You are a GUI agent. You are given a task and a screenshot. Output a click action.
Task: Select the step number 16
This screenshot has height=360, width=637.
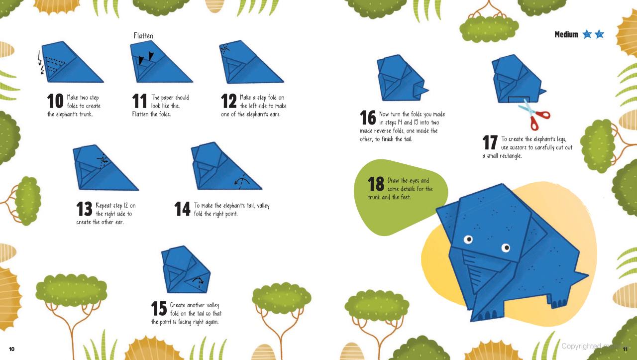click(x=368, y=119)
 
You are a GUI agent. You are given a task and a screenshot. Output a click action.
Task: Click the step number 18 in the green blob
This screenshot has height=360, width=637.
click(x=376, y=184)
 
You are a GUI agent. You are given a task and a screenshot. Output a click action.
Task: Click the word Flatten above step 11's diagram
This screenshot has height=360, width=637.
click(x=143, y=36)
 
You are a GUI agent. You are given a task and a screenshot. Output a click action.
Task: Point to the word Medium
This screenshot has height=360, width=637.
click(x=566, y=34)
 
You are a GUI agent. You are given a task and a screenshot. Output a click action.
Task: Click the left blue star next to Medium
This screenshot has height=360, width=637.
click(x=587, y=34)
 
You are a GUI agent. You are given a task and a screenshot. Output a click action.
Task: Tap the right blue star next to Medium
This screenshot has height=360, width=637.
click(x=599, y=34)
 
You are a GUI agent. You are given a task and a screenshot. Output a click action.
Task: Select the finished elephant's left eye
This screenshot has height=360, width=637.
click(x=468, y=240)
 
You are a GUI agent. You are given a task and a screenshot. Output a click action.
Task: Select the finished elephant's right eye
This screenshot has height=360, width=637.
click(x=506, y=247)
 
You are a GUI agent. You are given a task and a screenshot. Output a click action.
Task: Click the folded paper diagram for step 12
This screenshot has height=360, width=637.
click(x=249, y=65)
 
